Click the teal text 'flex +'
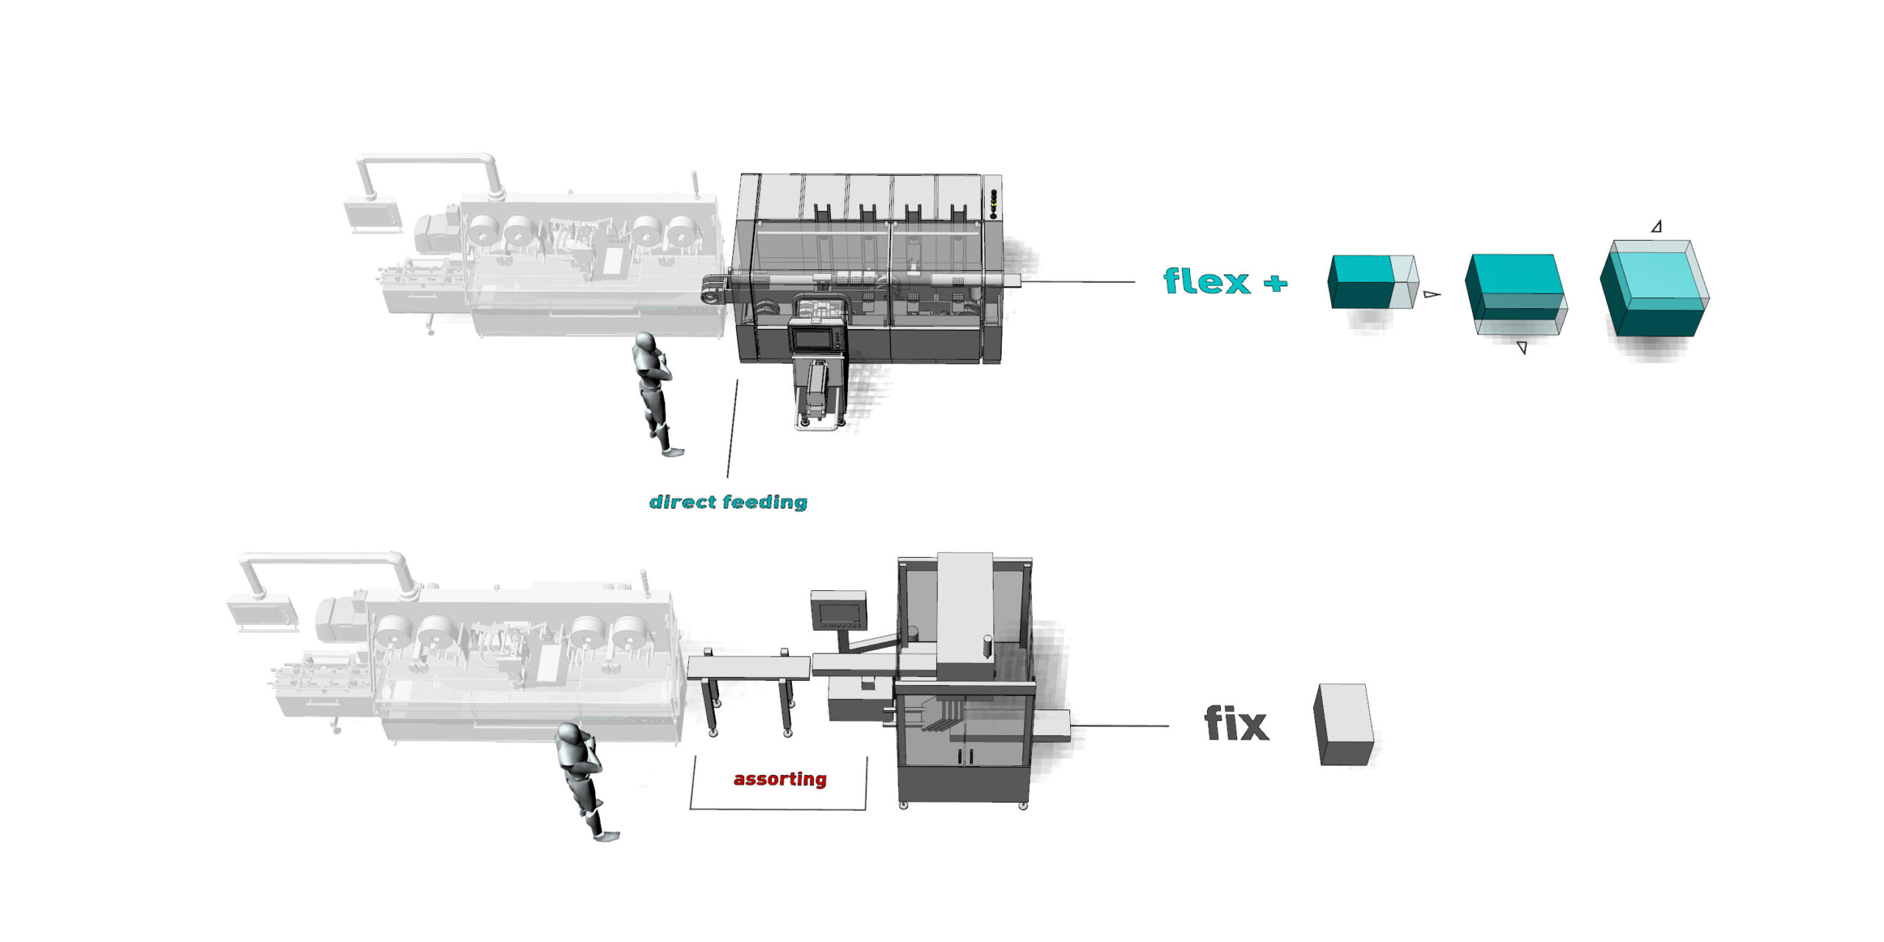pyautogui.click(x=1225, y=282)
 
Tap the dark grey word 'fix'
pyautogui.click(x=1236, y=724)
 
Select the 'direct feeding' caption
pyautogui.click(x=728, y=502)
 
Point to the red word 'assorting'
pyautogui.click(x=780, y=779)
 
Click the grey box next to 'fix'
pyautogui.click(x=1344, y=725)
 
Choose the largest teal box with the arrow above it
pyautogui.click(x=1654, y=288)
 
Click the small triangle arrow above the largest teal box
pyautogui.click(x=1657, y=227)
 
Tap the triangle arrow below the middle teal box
pyautogui.click(x=1522, y=347)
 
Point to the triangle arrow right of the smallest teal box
pyautogui.click(x=1431, y=294)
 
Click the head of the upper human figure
pyautogui.click(x=645, y=343)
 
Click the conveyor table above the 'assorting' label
pyautogui.click(x=748, y=667)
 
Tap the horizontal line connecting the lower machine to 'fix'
pyautogui.click(x=1119, y=726)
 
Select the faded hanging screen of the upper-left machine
pyautogui.click(x=372, y=214)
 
